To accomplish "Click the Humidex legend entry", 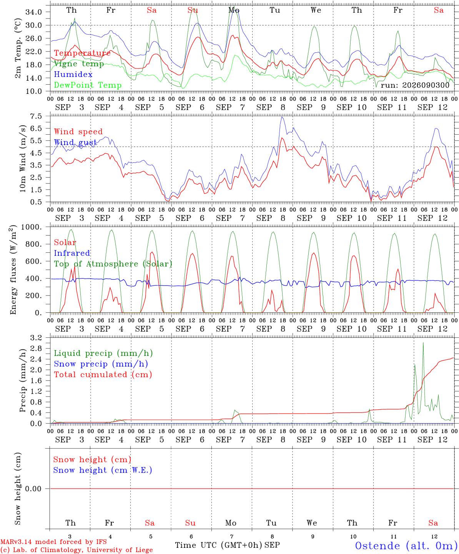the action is (x=73, y=74).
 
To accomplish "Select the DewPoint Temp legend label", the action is (x=88, y=85).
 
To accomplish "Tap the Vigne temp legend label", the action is (x=79, y=64).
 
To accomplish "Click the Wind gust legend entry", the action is (x=75, y=142).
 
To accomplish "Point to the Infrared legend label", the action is (x=72, y=253).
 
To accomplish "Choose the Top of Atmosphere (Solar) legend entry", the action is (x=113, y=264).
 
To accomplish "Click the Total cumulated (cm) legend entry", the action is (x=103, y=374).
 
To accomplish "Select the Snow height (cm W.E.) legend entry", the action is (x=103, y=470).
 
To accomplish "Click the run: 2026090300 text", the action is (x=415, y=85).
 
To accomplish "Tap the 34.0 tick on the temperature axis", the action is (x=34, y=12).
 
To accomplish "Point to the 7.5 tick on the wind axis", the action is (x=36, y=116).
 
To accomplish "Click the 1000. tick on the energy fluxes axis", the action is (x=32, y=227).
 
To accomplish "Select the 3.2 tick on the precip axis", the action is (x=36, y=338).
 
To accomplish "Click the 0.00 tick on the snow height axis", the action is (x=33, y=489).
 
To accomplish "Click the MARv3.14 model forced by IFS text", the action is (x=53, y=542).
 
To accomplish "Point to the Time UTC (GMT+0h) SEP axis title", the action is (x=227, y=545).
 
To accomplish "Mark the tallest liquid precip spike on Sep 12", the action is (x=423, y=342).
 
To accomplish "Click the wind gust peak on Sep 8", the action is (x=282, y=117).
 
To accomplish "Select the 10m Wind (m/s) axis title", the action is (x=23, y=159).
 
